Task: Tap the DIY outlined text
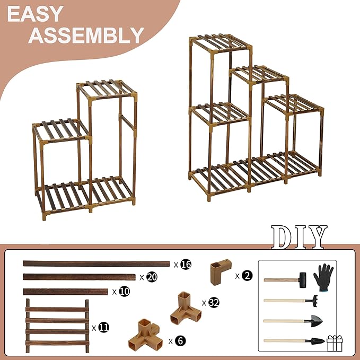299,237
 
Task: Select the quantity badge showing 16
186,264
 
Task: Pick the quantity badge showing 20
152,277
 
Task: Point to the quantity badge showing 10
124,292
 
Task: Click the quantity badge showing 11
104,328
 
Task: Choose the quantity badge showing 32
214,303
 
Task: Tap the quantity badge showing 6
180,341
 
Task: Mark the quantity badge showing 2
248,275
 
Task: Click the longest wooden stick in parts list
95,263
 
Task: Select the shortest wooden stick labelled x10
65,291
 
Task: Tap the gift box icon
335,343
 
